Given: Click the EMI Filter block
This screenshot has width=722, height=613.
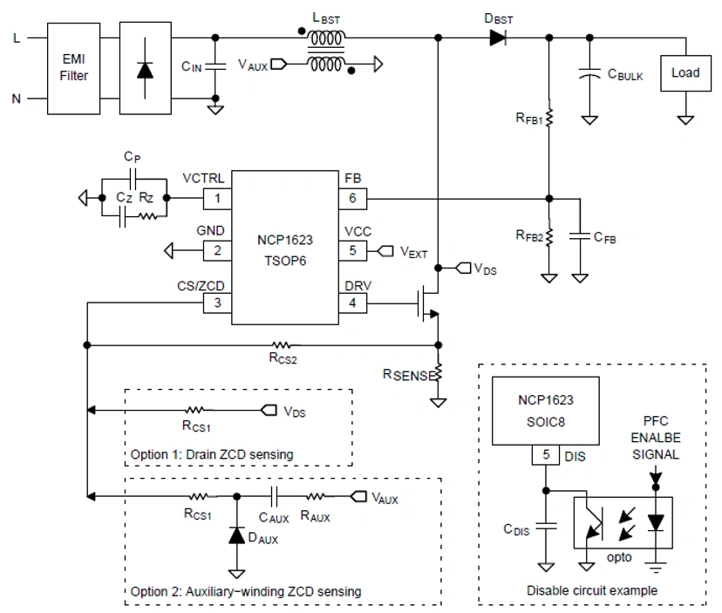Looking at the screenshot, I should (x=72, y=68).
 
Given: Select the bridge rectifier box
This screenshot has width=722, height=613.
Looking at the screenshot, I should (x=141, y=68).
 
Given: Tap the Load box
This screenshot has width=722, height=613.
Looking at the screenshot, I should (x=685, y=73).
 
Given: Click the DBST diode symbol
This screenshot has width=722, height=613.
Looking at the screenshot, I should (x=498, y=37).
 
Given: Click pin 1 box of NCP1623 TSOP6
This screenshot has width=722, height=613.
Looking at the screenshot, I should (x=217, y=198).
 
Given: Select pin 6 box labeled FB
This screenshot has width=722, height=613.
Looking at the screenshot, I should (x=353, y=198).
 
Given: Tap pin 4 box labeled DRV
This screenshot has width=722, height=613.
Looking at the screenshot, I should (x=353, y=303).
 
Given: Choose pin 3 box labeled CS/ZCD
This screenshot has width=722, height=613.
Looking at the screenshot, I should (x=217, y=303).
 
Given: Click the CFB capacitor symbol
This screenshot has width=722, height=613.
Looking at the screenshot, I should (x=579, y=235).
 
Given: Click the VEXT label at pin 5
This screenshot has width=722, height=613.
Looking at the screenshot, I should (x=413, y=251).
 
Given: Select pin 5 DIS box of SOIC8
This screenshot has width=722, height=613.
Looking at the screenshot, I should (x=544, y=454).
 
